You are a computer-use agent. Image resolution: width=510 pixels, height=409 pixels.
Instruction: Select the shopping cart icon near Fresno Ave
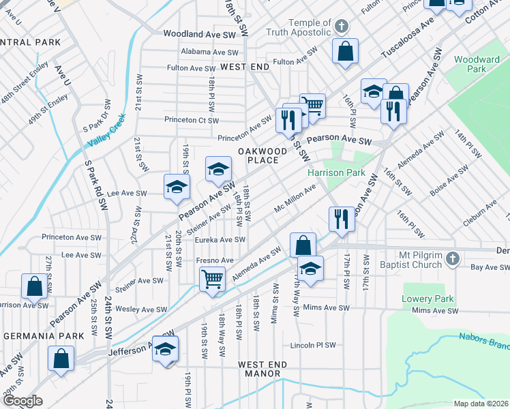(212, 278)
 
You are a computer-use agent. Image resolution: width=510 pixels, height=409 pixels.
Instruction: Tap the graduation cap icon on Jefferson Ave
(165, 348)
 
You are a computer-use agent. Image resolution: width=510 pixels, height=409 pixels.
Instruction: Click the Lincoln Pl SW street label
(313, 345)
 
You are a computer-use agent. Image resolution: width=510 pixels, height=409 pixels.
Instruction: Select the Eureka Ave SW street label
(220, 240)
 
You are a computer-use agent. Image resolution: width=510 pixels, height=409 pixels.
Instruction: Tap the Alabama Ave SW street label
(210, 52)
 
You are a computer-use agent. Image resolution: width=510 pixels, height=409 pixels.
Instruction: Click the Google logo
(23, 401)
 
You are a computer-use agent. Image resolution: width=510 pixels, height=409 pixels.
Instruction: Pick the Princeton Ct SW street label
(192, 120)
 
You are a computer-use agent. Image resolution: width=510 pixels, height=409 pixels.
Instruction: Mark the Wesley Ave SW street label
(141, 309)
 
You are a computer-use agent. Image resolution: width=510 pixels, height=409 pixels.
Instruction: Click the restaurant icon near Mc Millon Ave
(342, 219)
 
